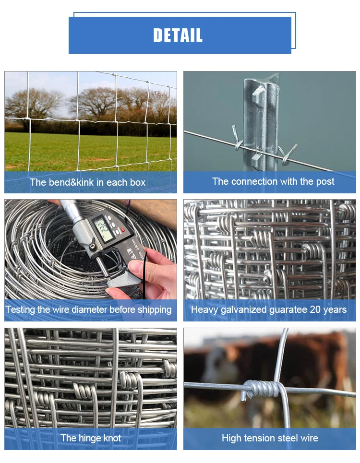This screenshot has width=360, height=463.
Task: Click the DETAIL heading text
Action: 178,35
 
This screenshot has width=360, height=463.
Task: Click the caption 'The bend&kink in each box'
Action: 88,182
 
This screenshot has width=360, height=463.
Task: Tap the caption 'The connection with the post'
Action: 273,181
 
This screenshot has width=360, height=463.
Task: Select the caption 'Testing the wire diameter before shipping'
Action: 89,309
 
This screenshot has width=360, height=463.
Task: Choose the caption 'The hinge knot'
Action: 91,438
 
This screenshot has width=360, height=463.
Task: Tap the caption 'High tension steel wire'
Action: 270,438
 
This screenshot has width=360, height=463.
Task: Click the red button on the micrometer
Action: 123,229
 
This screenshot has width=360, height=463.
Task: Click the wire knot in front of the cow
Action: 262,388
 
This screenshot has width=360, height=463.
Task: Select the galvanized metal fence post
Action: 261,122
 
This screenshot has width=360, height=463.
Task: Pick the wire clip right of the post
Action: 288,155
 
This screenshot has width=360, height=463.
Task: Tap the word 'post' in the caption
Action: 325,182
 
